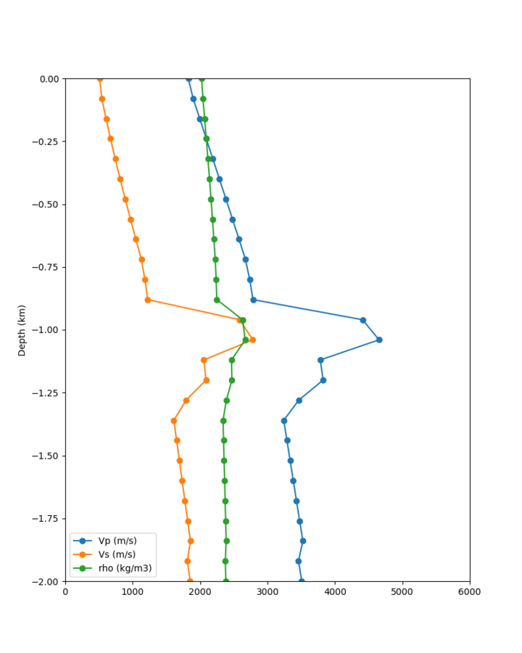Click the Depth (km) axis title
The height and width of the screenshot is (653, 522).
click(x=22, y=330)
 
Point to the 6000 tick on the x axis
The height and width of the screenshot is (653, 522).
click(x=470, y=591)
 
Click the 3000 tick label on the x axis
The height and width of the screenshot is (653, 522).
click(x=268, y=591)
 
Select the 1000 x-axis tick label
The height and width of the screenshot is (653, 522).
click(x=133, y=591)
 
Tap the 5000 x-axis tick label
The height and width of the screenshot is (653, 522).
click(x=402, y=591)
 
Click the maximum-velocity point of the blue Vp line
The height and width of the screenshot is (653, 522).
click(x=379, y=340)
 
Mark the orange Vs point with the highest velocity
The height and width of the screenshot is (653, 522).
click(x=252, y=340)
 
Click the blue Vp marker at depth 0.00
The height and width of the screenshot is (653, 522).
click(x=188, y=78)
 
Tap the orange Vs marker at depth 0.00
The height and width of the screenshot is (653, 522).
click(x=100, y=78)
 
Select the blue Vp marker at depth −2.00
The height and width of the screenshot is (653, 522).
click(x=302, y=581)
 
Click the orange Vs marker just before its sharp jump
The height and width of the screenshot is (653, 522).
click(x=147, y=300)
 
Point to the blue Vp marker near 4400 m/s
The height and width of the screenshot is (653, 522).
click(x=363, y=320)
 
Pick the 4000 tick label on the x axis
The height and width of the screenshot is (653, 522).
click(x=335, y=591)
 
